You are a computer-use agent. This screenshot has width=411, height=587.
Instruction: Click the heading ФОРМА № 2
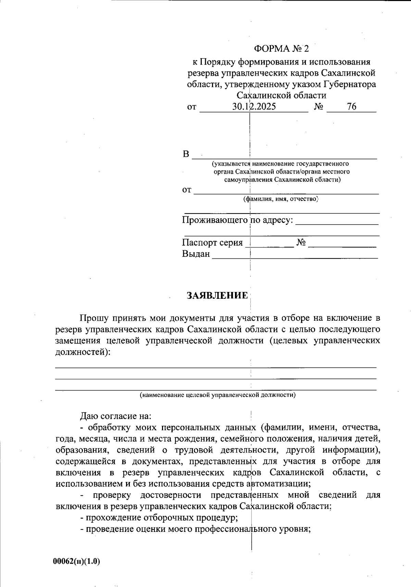[x=281, y=49]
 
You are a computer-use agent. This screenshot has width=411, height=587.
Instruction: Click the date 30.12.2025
[x=254, y=107]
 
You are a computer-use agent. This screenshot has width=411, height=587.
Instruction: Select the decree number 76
[x=351, y=107]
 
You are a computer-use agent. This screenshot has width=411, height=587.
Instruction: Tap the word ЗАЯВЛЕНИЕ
[x=217, y=296]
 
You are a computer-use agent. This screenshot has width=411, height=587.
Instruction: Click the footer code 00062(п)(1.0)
[x=76, y=561]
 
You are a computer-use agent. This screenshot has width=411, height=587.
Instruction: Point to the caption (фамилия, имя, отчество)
[x=281, y=199]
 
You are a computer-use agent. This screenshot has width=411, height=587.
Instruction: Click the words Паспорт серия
[x=212, y=243]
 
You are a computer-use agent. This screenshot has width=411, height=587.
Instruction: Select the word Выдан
[x=196, y=254]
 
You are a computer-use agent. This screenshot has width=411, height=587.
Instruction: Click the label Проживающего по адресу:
[x=238, y=220]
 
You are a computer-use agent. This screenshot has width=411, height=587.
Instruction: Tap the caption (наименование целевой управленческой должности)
[x=217, y=395]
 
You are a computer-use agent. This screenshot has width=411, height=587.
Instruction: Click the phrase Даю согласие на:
[x=115, y=416]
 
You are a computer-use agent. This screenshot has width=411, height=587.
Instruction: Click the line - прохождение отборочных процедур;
[x=159, y=517]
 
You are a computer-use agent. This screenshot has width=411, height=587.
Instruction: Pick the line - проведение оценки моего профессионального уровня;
[x=195, y=529]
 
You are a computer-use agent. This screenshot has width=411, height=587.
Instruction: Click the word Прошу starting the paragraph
[x=94, y=318]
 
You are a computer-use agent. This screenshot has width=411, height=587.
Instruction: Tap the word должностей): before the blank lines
[x=83, y=352]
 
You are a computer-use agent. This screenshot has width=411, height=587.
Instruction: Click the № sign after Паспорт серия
[x=301, y=243]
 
